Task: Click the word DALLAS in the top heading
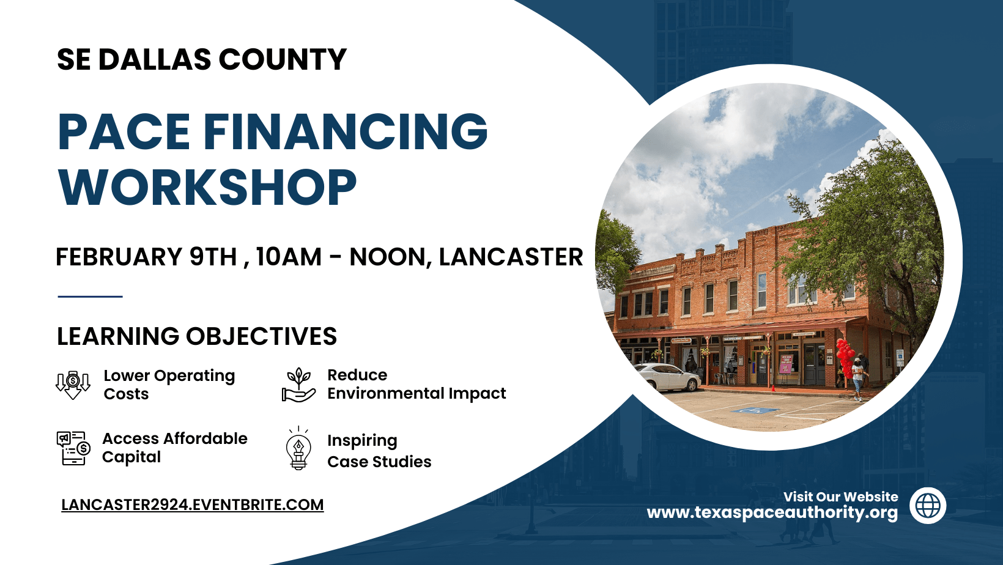155,60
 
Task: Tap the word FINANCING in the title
346,131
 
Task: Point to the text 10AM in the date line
289,257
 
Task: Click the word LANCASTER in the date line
511,257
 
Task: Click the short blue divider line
90,297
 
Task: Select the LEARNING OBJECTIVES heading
197,336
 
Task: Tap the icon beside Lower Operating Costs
73,385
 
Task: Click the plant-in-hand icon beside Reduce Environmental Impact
298,385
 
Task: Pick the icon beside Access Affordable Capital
73,448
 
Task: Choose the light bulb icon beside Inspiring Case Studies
298,449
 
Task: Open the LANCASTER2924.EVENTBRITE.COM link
192,505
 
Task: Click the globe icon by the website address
928,506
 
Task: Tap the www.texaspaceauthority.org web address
772,512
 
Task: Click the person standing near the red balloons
859,379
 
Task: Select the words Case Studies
379,462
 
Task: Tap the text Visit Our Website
840,497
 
